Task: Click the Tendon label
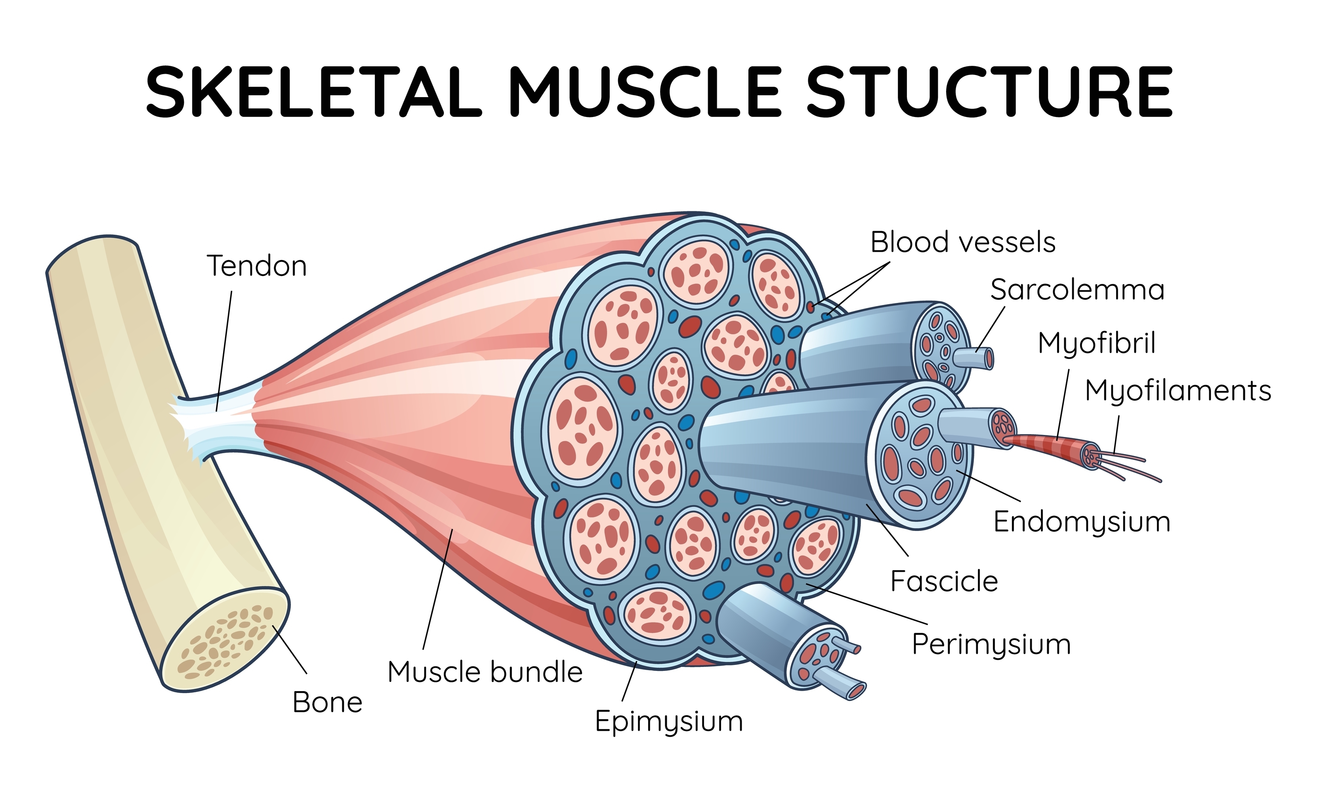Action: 257,266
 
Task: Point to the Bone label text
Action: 327,702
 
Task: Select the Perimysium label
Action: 991,644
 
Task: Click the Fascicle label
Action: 944,581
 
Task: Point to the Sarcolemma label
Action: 1077,290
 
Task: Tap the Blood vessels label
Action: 963,242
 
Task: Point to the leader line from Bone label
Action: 290,649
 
